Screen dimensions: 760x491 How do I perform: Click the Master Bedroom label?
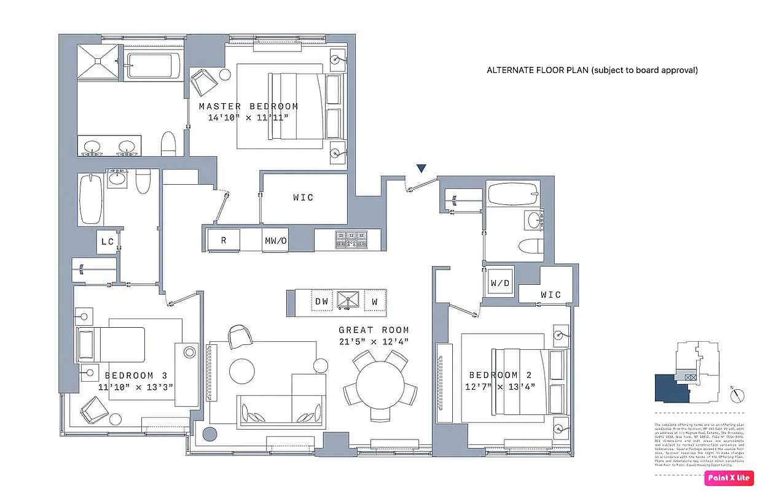click(x=248, y=107)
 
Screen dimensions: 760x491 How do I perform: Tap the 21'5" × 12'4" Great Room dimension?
click(x=374, y=341)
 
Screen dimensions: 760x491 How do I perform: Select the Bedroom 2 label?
click(x=493, y=375)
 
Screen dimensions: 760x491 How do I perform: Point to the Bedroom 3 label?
click(x=136, y=376)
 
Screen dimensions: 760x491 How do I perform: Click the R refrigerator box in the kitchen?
click(x=224, y=241)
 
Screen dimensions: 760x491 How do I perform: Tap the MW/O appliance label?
click(x=276, y=241)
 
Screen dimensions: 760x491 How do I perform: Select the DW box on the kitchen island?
click(x=321, y=302)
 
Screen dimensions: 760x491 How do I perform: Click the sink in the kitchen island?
click(x=348, y=301)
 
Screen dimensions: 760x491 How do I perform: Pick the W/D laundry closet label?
click(x=499, y=284)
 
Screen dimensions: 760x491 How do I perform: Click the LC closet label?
click(x=108, y=242)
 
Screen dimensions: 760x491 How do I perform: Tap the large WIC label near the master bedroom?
click(x=303, y=198)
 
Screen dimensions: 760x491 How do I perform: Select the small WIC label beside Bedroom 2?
click(x=550, y=295)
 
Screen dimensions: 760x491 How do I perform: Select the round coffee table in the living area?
click(x=241, y=370)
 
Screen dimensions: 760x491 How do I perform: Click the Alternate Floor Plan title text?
click(x=592, y=70)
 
